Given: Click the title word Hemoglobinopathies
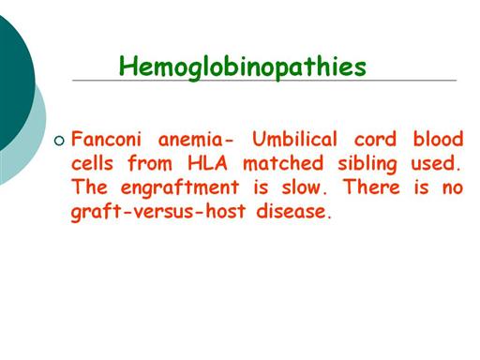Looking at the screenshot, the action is click(243, 67).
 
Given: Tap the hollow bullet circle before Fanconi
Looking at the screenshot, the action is click(59, 141).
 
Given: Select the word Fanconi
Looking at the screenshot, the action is click(106, 139).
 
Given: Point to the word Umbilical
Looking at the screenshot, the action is click(294, 139).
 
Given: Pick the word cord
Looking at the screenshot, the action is click(375, 139).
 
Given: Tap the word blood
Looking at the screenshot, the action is click(438, 139).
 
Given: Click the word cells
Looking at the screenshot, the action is click(92, 163).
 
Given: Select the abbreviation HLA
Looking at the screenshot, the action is click(207, 163).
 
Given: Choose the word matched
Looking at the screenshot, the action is click(283, 163).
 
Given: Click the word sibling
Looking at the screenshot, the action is click(367, 164).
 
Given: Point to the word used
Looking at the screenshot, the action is click(436, 163).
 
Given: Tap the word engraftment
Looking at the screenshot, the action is click(180, 188).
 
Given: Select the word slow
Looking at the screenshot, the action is click(304, 187).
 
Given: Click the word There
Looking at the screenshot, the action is click(371, 187).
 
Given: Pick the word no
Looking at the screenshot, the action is click(453, 188).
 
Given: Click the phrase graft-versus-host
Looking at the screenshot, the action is click(158, 212).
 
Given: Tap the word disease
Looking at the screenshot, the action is click(293, 211).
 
